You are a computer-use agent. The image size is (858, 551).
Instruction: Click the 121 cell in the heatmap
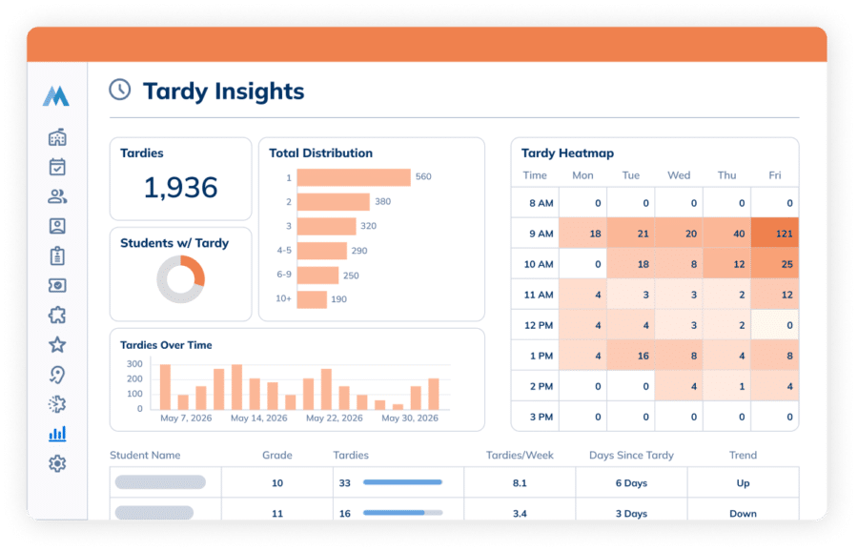pyautogui.click(x=775, y=234)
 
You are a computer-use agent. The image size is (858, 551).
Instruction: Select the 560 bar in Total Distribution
pyautogui.click(x=354, y=177)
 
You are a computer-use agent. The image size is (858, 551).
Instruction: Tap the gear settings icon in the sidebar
pyautogui.click(x=57, y=463)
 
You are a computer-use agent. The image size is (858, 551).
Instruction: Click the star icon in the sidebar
pyautogui.click(x=57, y=345)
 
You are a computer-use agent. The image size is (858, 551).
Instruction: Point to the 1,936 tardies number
pyautogui.click(x=180, y=188)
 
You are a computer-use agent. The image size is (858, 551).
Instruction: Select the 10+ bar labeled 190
pyautogui.click(x=312, y=299)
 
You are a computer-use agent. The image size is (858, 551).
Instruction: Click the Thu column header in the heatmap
pyautogui.click(x=726, y=175)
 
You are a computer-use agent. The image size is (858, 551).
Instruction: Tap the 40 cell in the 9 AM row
pyautogui.click(x=727, y=234)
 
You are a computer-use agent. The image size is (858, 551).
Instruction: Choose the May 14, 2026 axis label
pyautogui.click(x=258, y=418)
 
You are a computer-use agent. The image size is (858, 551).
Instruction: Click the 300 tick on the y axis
pyautogui.click(x=134, y=364)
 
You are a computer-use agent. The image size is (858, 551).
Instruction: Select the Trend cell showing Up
pyautogui.click(x=743, y=482)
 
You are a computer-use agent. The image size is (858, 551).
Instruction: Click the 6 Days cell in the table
pyautogui.click(x=631, y=482)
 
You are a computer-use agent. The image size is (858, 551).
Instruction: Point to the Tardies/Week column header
pyautogui.click(x=520, y=456)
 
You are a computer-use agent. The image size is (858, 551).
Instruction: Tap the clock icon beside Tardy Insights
pyautogui.click(x=120, y=90)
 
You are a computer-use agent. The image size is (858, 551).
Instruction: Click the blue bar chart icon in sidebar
pyautogui.click(x=57, y=434)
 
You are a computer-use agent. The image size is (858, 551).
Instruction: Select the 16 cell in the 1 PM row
pyautogui.click(x=631, y=356)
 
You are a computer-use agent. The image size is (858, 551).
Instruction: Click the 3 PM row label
pyautogui.click(x=541, y=417)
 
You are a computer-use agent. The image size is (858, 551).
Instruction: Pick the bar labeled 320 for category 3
pyautogui.click(x=327, y=227)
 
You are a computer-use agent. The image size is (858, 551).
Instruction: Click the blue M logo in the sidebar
pyautogui.click(x=56, y=95)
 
